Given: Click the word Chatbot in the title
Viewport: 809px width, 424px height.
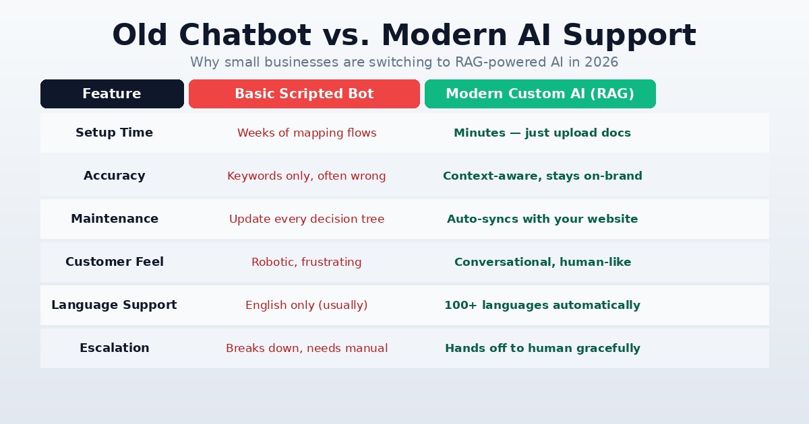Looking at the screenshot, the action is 245,35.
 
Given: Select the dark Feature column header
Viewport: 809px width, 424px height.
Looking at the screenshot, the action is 112,94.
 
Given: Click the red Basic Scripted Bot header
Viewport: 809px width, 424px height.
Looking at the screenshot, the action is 304,94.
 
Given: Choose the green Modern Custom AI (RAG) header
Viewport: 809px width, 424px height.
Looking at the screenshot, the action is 540,94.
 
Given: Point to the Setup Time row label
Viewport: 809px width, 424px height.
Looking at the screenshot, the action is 114,133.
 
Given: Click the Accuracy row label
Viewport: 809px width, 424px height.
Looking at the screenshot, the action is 114,176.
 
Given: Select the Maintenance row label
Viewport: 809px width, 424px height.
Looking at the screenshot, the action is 115,219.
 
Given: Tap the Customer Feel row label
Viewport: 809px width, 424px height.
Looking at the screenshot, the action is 115,261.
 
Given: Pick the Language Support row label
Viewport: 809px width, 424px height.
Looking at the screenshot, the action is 114,305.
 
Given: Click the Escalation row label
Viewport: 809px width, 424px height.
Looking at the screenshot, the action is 114,347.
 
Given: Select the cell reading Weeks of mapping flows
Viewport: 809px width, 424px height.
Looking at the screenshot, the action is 307,133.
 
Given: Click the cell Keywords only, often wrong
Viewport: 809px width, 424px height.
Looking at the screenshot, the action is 306,176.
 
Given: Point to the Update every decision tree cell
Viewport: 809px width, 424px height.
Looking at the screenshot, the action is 307,219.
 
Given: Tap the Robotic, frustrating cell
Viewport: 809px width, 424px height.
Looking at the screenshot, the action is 306,262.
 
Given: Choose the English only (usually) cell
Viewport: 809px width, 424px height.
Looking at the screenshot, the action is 306,305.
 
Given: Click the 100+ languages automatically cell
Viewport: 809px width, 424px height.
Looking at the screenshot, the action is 542,305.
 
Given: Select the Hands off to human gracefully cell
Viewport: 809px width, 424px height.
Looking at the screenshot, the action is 543,348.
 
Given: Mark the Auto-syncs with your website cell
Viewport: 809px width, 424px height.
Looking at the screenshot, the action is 542,219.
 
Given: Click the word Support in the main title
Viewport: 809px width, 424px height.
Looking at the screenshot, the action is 630,36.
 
